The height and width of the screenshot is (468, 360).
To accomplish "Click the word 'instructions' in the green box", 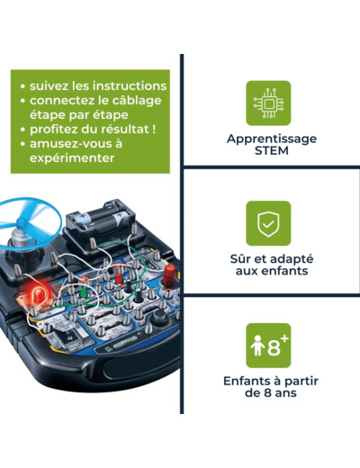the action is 130,85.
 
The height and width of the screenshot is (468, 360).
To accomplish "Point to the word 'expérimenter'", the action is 72,158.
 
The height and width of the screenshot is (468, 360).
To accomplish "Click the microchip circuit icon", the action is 268,103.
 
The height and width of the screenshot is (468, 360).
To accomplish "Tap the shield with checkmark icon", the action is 268,223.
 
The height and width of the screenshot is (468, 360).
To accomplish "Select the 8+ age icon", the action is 268,346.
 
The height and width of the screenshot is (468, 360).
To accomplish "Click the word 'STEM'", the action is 272,150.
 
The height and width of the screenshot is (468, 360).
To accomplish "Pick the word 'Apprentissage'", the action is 272,139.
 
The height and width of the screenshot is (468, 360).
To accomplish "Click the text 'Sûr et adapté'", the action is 272,259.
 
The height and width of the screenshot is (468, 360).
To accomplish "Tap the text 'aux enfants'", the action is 272,271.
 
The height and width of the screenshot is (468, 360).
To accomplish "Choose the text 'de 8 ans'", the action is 271,392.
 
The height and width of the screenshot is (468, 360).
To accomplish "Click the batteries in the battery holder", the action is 101,219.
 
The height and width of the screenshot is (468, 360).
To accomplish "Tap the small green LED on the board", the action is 85,292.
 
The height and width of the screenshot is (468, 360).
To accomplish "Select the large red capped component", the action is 169,275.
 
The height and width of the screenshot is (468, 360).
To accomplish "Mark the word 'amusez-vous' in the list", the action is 66,144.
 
